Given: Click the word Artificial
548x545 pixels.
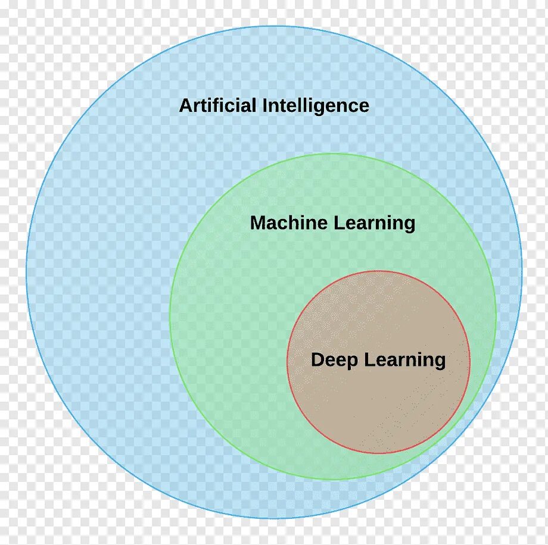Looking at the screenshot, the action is pyautogui.click(x=218, y=106).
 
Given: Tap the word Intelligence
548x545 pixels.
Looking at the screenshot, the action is pyautogui.click(x=316, y=107).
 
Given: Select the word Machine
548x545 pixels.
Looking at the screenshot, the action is pyautogui.click(x=289, y=223).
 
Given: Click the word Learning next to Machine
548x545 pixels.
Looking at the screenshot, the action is pyautogui.click(x=374, y=224).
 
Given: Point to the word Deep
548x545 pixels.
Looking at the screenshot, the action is pyautogui.click(x=334, y=361).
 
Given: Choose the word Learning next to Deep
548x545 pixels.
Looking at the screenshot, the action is pyautogui.click(x=404, y=361).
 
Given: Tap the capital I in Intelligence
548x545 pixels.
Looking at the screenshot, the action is pyautogui.click(x=265, y=106).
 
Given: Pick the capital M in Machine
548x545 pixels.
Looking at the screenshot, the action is pyautogui.click(x=257, y=223).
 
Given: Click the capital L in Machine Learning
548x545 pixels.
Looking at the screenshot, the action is pyautogui.click(x=337, y=223).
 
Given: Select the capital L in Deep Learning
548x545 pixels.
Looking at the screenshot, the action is pyautogui.click(x=368, y=360).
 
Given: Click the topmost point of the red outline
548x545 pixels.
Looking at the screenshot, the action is pyautogui.click(x=379, y=271).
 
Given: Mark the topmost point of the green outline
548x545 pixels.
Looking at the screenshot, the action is pyautogui.click(x=333, y=154).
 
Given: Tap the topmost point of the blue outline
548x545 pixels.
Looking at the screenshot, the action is pyautogui.click(x=274, y=26).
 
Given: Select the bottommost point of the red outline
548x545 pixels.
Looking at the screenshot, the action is pyautogui.click(x=379, y=453).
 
